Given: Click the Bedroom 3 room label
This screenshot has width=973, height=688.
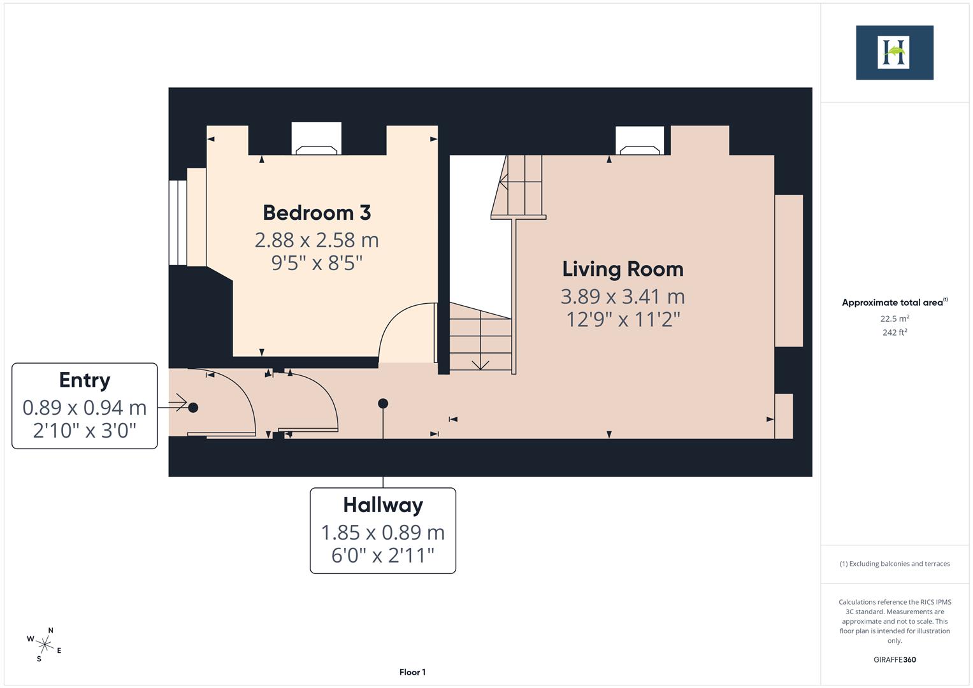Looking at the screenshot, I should click(x=317, y=213).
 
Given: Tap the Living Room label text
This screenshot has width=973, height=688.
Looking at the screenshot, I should click(x=623, y=269).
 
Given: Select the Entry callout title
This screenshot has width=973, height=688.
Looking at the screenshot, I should click(x=85, y=380).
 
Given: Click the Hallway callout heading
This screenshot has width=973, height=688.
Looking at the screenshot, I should click(x=383, y=505).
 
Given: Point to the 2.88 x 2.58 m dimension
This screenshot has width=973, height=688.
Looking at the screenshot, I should click(x=317, y=240).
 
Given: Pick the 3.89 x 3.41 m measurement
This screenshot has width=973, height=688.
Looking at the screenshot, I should click(x=623, y=297).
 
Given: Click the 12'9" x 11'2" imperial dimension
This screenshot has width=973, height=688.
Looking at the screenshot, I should click(x=623, y=319).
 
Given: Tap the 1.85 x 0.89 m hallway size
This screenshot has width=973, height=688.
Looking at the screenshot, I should click(x=383, y=533).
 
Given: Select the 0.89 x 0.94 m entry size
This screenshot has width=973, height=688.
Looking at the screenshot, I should click(x=85, y=408).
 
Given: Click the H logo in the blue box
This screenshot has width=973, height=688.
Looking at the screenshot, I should click(x=894, y=52).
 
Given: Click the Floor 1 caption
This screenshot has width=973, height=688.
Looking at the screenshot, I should click(x=412, y=672).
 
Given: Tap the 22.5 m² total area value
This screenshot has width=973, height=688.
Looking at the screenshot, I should click(x=895, y=319).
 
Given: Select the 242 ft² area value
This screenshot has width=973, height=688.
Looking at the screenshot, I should click(x=895, y=333).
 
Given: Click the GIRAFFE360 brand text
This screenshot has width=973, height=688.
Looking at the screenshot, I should click(x=895, y=659).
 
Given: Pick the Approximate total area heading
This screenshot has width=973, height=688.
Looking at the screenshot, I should click(x=894, y=303).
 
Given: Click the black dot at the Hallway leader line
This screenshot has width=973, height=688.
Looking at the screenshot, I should click(x=383, y=403).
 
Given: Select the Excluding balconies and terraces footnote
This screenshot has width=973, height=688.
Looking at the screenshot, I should click(x=895, y=564).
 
